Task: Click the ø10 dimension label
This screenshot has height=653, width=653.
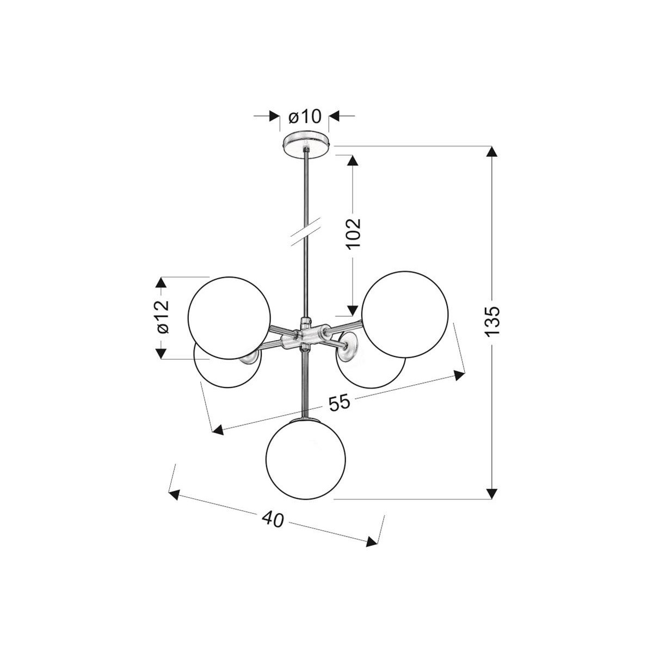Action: click(305, 116)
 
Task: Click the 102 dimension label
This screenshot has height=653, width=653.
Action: click(353, 233)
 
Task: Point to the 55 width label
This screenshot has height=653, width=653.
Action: click(339, 403)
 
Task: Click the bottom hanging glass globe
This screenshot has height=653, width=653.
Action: click(306, 459)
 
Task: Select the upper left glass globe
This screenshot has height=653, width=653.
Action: click(229, 317)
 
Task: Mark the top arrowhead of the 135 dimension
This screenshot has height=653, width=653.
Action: click(492, 152)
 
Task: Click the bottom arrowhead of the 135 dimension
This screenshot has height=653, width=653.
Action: click(492, 493)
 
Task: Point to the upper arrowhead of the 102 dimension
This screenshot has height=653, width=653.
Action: click(353, 162)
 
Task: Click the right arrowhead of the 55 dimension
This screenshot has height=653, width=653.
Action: click(460, 373)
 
